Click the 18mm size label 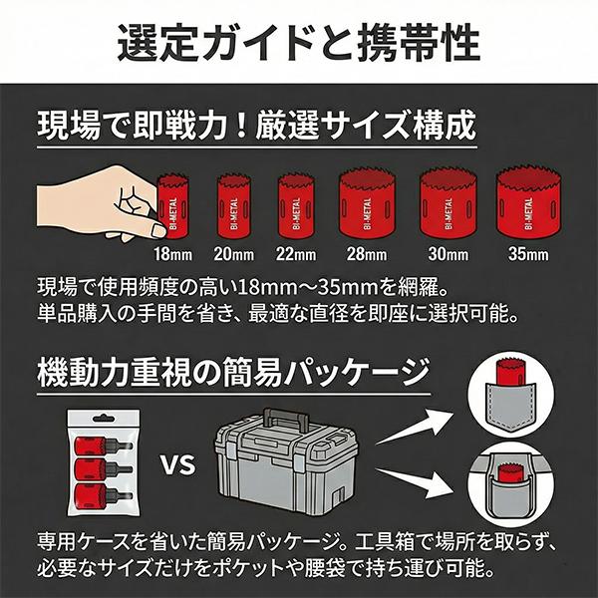click(173, 254)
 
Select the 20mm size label click(234, 254)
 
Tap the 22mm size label click(296, 254)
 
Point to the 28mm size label click(367, 254)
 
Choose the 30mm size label click(448, 254)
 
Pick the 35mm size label click(528, 254)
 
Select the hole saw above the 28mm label click(367, 203)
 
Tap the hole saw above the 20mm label click(234, 206)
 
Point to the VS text click(177, 464)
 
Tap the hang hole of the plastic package click(104, 419)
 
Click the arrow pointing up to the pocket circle click(415, 427)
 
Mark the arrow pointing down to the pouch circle click(415, 482)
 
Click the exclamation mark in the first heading click(240, 126)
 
